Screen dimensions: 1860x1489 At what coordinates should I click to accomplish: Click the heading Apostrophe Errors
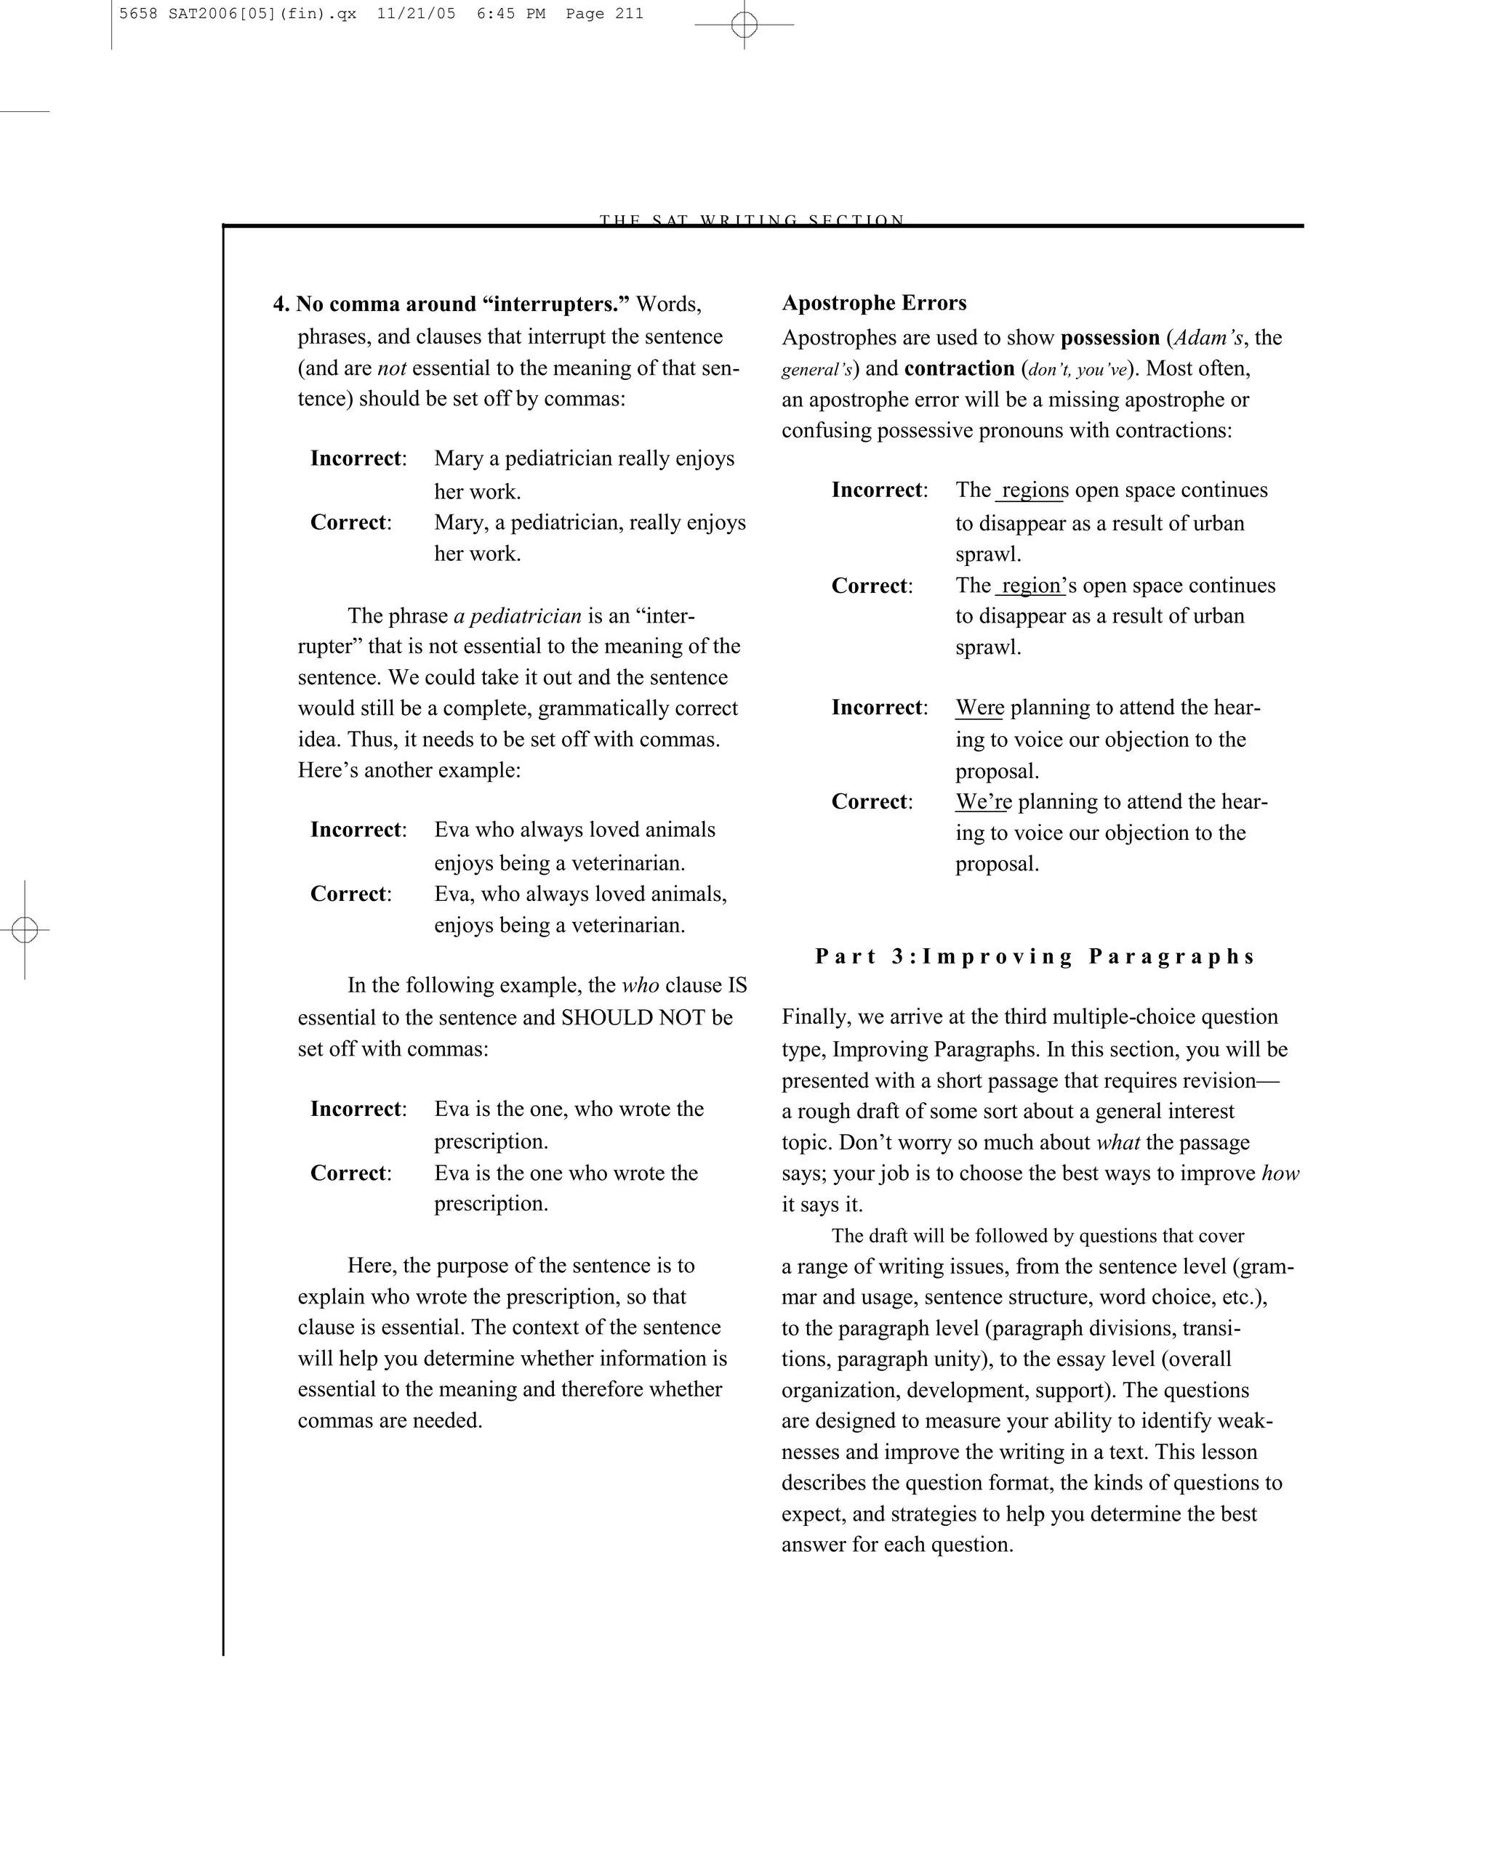coord(873,303)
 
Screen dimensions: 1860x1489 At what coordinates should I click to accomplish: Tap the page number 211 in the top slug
coord(630,14)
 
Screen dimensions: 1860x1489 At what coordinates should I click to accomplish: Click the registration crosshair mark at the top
coord(744,25)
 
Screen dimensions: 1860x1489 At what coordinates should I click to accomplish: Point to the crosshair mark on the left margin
coord(25,930)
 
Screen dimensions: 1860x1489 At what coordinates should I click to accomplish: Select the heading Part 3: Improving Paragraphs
coord(1034,957)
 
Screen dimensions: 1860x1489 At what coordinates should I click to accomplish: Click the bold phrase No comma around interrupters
coord(462,304)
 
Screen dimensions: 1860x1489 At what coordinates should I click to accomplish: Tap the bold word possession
coord(1109,337)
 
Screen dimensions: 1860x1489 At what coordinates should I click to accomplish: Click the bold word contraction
coord(959,368)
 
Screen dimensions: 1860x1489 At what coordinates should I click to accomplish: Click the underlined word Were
coord(979,708)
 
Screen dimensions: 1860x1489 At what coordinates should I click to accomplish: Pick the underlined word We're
coord(982,801)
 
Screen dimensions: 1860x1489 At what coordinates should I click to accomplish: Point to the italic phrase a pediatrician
coord(517,616)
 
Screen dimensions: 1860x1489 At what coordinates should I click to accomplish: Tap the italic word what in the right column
coord(1117,1142)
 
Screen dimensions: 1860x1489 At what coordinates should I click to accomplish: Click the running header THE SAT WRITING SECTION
coord(752,219)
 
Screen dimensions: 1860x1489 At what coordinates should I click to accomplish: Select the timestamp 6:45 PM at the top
coord(510,14)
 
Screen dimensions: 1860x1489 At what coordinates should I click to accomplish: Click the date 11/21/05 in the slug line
coord(416,14)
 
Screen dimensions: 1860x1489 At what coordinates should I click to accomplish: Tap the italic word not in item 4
coord(392,368)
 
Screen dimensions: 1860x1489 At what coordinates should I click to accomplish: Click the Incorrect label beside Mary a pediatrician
coord(356,458)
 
